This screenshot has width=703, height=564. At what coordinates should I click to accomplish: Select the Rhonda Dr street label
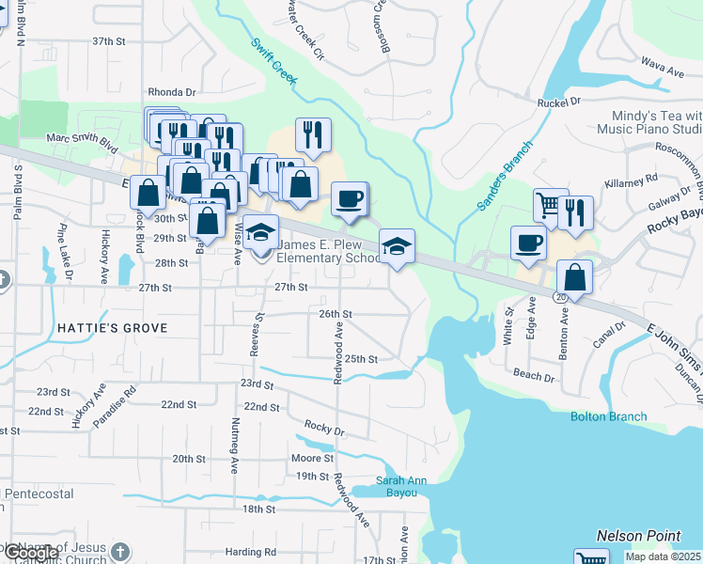pos(171,92)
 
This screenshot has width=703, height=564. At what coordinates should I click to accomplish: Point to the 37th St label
pos(108,42)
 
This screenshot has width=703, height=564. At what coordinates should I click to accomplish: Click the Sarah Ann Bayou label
pos(402,486)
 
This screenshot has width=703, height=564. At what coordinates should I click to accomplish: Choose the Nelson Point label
pos(639,536)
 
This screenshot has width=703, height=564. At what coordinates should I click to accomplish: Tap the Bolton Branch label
pos(609,416)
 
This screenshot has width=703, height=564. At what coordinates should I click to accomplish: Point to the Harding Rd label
pos(257,552)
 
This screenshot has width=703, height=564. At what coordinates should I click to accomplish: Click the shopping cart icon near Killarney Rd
pos(550,204)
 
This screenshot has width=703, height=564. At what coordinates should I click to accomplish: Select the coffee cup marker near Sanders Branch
pos(528,243)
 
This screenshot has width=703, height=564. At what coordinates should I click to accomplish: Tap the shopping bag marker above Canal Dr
pos(573,277)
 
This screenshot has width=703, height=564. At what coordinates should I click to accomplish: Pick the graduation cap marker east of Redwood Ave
pos(397,246)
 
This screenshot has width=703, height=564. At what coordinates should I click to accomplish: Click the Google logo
pos(30,553)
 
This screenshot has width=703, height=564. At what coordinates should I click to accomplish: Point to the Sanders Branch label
pos(504,176)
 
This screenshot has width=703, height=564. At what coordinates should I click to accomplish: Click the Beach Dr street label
pos(534,375)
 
